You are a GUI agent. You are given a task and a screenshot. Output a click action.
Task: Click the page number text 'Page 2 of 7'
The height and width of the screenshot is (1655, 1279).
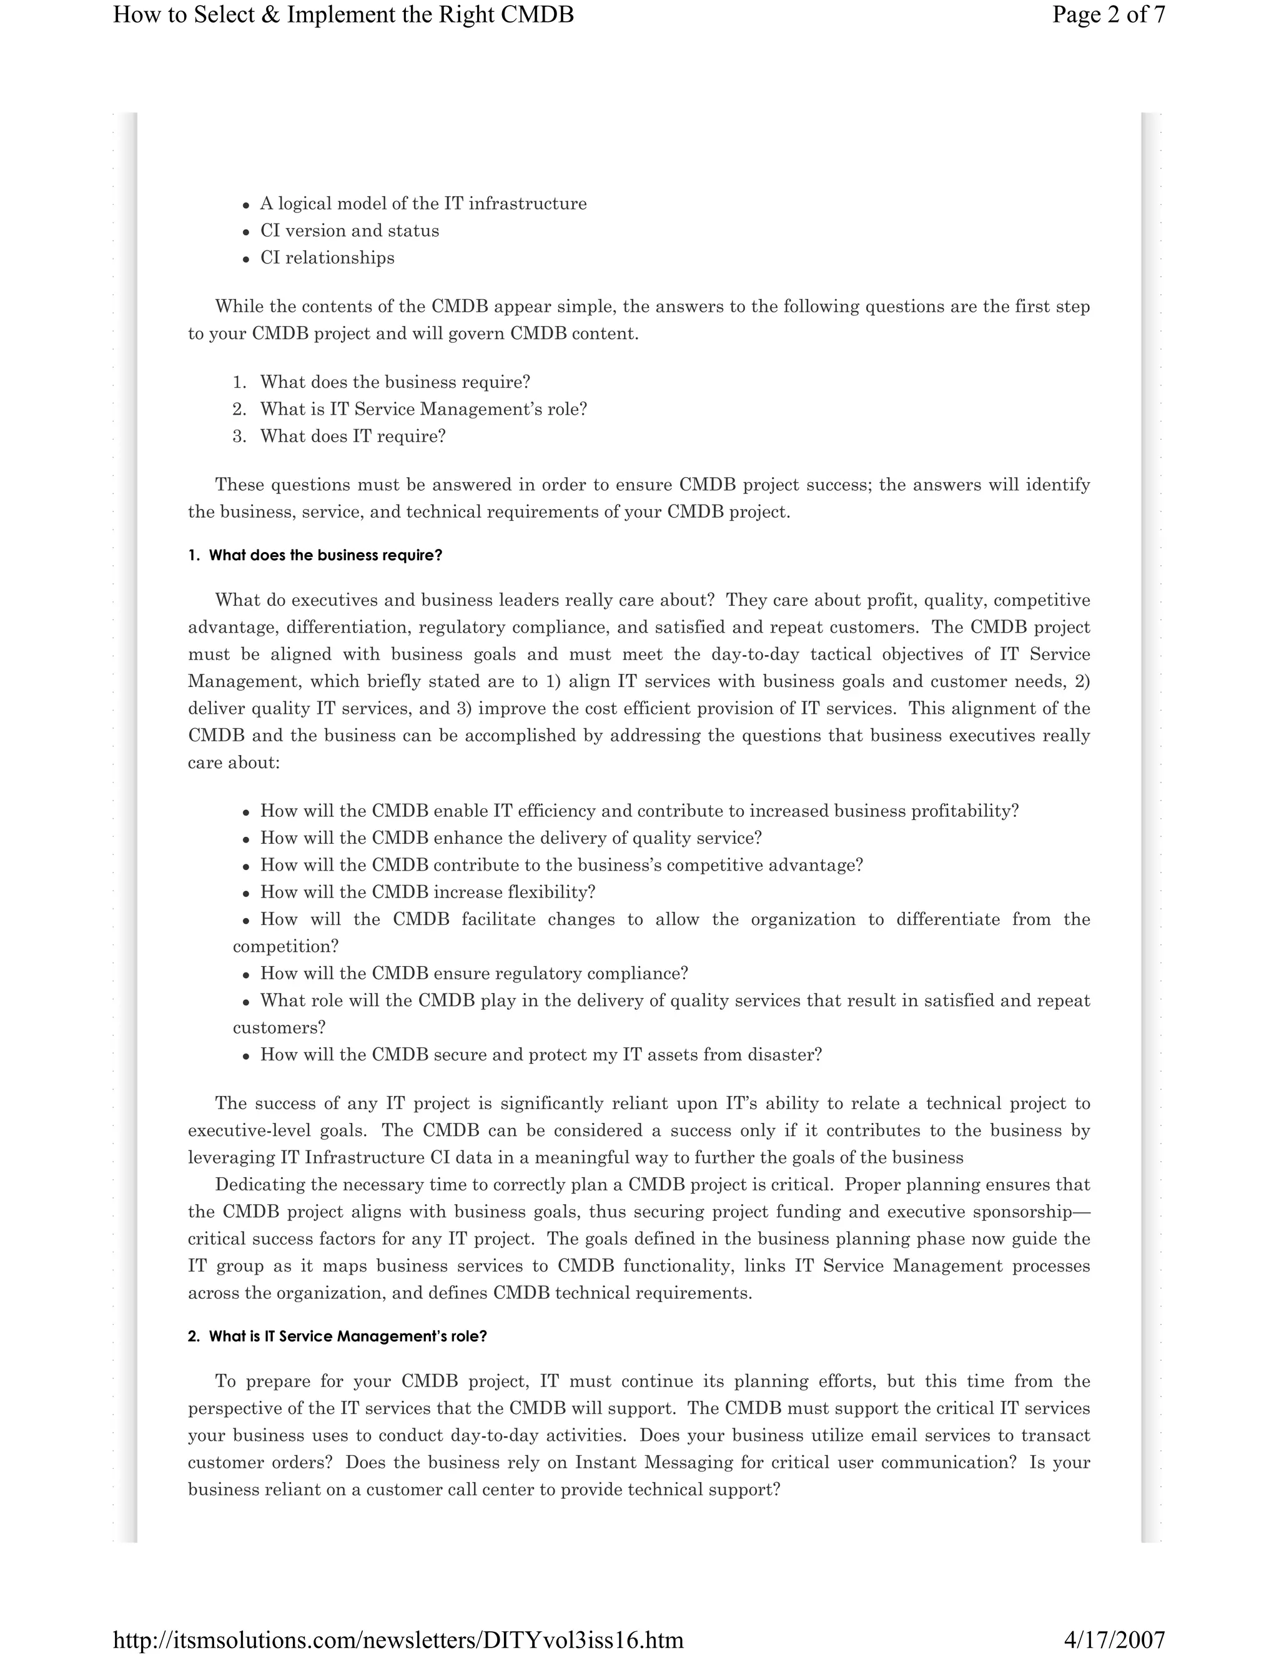1108,15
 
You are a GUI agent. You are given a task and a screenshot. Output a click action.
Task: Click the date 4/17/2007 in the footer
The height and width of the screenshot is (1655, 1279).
1114,1640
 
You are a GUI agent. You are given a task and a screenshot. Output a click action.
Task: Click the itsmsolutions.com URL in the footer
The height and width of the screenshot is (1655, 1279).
398,1640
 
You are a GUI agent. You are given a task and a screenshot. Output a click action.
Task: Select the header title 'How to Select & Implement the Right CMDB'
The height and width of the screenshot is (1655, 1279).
343,15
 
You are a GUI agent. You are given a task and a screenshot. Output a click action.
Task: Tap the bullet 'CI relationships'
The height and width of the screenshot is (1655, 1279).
327,258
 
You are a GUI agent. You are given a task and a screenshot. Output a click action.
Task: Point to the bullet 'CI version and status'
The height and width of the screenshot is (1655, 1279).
349,230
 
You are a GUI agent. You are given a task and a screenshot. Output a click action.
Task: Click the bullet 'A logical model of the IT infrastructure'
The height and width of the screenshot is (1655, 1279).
423,204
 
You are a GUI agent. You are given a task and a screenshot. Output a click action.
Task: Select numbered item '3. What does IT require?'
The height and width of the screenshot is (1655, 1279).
352,437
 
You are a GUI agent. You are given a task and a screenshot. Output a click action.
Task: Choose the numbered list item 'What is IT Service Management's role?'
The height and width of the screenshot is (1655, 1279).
423,409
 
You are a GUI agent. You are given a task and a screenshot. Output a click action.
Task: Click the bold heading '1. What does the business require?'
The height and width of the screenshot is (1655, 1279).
315,555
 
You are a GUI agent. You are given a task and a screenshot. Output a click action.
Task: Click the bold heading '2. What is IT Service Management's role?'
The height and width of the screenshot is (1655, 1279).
337,1336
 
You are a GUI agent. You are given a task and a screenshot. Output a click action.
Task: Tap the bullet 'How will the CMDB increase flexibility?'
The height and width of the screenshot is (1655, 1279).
427,892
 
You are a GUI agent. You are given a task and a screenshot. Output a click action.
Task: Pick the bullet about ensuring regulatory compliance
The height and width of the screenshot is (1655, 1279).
473,973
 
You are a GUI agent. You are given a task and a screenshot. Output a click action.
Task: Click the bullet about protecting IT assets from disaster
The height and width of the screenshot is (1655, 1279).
540,1055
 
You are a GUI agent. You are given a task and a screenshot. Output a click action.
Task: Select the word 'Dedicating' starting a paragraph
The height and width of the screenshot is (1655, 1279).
252,1184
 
